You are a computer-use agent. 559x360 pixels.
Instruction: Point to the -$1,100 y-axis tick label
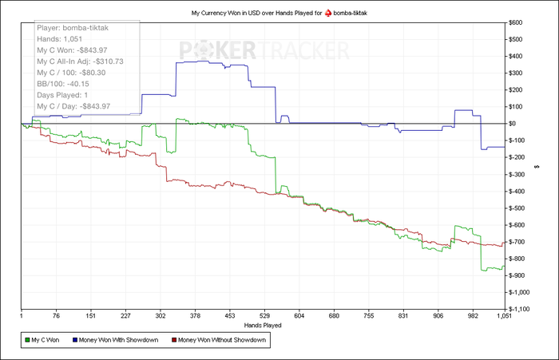coord(523,309)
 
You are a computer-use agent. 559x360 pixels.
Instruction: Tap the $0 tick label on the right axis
coord(515,124)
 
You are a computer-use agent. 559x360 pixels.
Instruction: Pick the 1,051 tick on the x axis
coord(503,315)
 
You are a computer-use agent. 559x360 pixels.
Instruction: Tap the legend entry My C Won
coord(47,340)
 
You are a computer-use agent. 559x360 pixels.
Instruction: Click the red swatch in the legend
coord(172,340)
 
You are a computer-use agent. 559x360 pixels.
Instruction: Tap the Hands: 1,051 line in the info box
coord(61,38)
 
